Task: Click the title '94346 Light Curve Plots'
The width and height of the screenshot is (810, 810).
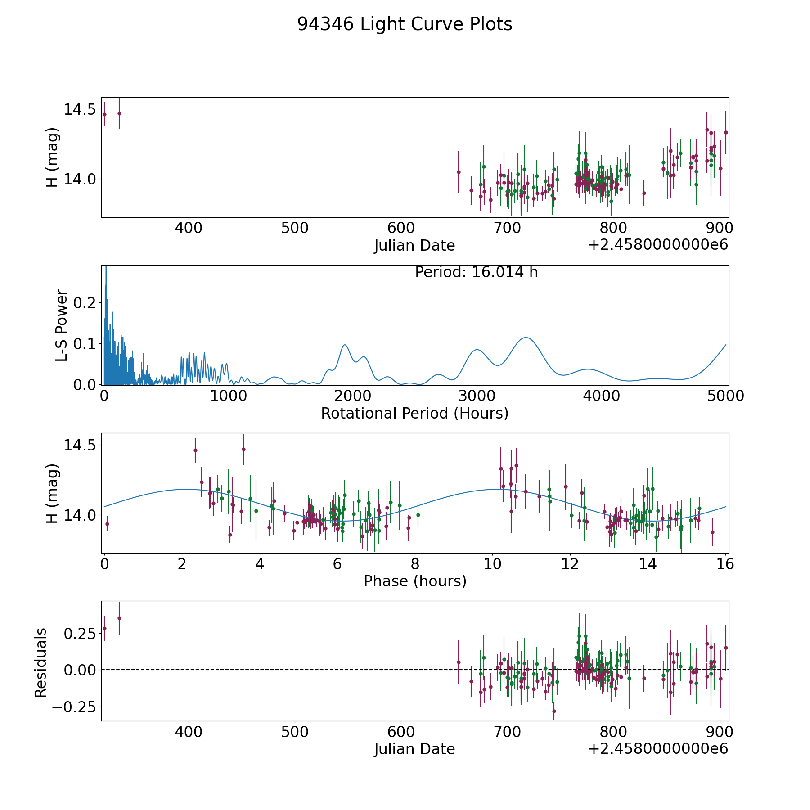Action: pyautogui.click(x=405, y=24)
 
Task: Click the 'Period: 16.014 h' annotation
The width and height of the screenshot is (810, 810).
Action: pyautogui.click(x=476, y=272)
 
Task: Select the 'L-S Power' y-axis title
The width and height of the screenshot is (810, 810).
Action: pyautogui.click(x=62, y=325)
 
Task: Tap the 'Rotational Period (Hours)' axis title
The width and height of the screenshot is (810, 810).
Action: pyautogui.click(x=414, y=413)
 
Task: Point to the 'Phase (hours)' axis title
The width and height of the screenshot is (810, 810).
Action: pyautogui.click(x=415, y=581)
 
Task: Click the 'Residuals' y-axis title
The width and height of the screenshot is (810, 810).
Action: pyautogui.click(x=41, y=662)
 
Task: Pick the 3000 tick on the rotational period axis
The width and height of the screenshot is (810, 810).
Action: pyautogui.click(x=477, y=396)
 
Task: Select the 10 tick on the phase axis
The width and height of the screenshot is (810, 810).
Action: pyautogui.click(x=493, y=564)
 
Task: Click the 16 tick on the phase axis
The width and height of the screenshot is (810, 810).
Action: pyautogui.click(x=725, y=564)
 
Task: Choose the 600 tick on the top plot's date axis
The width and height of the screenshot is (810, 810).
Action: pyautogui.click(x=401, y=228)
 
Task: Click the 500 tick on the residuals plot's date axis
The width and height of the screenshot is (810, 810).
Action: pyautogui.click(x=295, y=732)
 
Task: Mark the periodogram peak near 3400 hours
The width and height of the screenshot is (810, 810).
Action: pyautogui.click(x=525, y=337)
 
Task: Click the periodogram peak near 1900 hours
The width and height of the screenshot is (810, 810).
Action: pyautogui.click(x=345, y=345)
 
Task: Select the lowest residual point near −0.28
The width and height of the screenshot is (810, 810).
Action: pyautogui.click(x=554, y=711)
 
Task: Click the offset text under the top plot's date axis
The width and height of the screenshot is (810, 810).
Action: pyautogui.click(x=658, y=245)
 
